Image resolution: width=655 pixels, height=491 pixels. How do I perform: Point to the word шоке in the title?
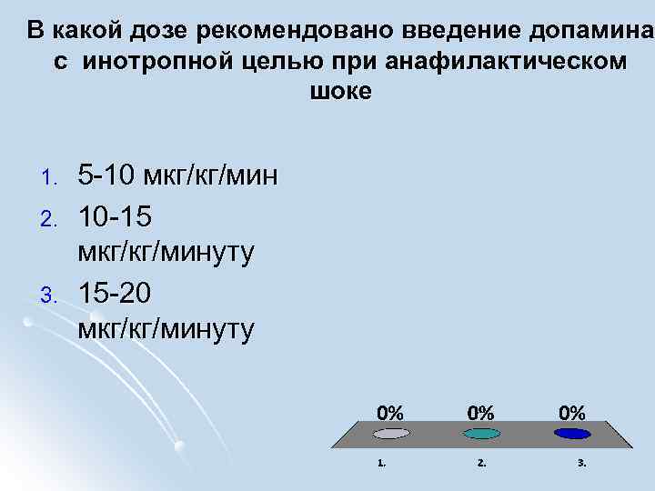point(341,92)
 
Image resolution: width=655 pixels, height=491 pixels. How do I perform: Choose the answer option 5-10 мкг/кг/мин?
point(178,175)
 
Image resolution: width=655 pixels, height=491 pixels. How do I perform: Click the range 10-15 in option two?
point(116,218)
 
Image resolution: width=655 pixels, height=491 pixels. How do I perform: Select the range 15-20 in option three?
point(116,294)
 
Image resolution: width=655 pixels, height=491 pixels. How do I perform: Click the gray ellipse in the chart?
point(391,434)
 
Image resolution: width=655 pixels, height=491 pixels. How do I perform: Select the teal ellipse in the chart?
point(480,434)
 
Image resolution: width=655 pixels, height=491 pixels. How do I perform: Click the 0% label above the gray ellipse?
point(391,411)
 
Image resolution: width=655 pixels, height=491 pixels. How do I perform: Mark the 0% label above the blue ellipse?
point(571,411)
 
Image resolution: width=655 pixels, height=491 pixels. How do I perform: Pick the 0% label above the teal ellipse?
point(481,411)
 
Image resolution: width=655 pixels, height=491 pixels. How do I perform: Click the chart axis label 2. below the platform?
point(481,463)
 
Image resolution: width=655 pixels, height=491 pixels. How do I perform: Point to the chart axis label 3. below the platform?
point(582,463)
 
